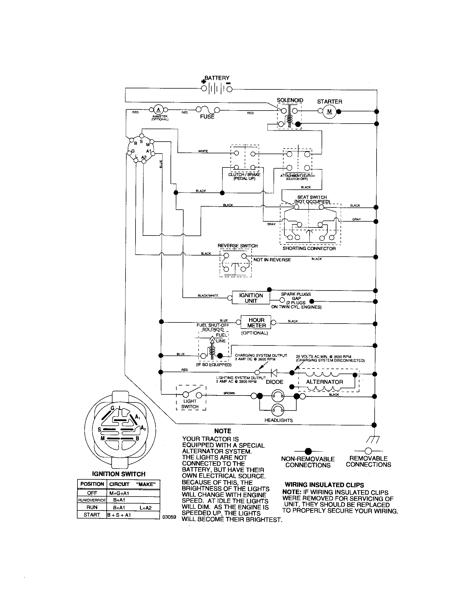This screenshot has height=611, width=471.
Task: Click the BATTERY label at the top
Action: [x=217, y=78]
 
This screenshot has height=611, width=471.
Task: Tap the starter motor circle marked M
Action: [x=329, y=111]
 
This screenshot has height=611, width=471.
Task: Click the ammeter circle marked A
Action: [x=158, y=110]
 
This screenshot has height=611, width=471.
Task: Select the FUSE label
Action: [x=207, y=117]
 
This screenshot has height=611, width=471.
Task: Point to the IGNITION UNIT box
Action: [x=251, y=298]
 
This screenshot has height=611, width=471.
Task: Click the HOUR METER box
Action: [x=256, y=322]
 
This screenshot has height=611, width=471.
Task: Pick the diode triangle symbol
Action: [x=274, y=373]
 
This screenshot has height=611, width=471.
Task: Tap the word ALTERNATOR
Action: [x=324, y=382]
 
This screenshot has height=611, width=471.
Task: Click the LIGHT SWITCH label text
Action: [x=190, y=404]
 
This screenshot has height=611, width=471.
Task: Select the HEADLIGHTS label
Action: [x=278, y=420]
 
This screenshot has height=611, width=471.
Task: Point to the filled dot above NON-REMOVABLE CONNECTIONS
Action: [x=308, y=451]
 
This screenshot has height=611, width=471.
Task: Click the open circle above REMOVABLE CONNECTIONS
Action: [x=368, y=451]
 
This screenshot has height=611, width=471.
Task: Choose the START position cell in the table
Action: [x=92, y=515]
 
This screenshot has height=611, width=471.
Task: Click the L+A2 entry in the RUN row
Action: [x=146, y=507]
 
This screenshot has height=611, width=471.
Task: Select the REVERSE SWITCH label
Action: [x=237, y=246]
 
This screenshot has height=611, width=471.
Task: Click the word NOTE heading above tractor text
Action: [x=223, y=431]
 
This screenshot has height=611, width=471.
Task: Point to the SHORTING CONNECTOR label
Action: [x=309, y=249]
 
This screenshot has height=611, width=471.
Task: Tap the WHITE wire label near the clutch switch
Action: [x=203, y=151]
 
